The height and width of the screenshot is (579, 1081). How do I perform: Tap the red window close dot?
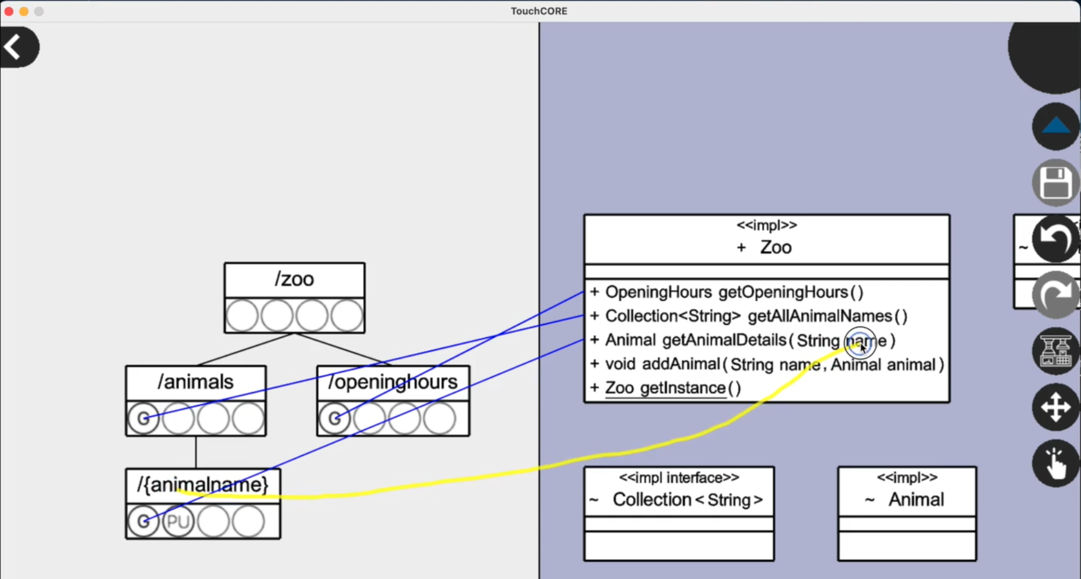pyautogui.click(x=9, y=11)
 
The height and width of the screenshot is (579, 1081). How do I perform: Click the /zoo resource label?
pyautogui.click(x=294, y=279)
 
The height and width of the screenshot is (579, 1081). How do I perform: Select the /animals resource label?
pyautogui.click(x=195, y=382)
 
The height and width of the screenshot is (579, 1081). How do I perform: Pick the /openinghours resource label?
pyautogui.click(x=393, y=382)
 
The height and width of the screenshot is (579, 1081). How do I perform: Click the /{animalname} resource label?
pyautogui.click(x=203, y=485)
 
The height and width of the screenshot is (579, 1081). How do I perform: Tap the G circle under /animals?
pyautogui.click(x=143, y=418)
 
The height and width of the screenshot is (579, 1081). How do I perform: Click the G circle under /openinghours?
pyautogui.click(x=334, y=418)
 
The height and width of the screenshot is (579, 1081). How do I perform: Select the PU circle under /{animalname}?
pyautogui.click(x=178, y=521)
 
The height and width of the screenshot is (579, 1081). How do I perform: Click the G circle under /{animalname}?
pyautogui.click(x=143, y=521)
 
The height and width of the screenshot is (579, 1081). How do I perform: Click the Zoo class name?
pyautogui.click(x=775, y=247)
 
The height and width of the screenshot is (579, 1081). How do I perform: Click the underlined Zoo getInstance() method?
pyautogui.click(x=672, y=388)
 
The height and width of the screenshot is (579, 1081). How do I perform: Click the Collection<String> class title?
pyautogui.click(x=687, y=500)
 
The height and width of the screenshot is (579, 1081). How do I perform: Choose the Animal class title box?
pyautogui.click(x=907, y=493)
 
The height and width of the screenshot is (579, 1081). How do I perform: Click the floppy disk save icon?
pyautogui.click(x=1055, y=182)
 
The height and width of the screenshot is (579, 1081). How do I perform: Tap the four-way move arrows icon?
pyautogui.click(x=1055, y=408)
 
